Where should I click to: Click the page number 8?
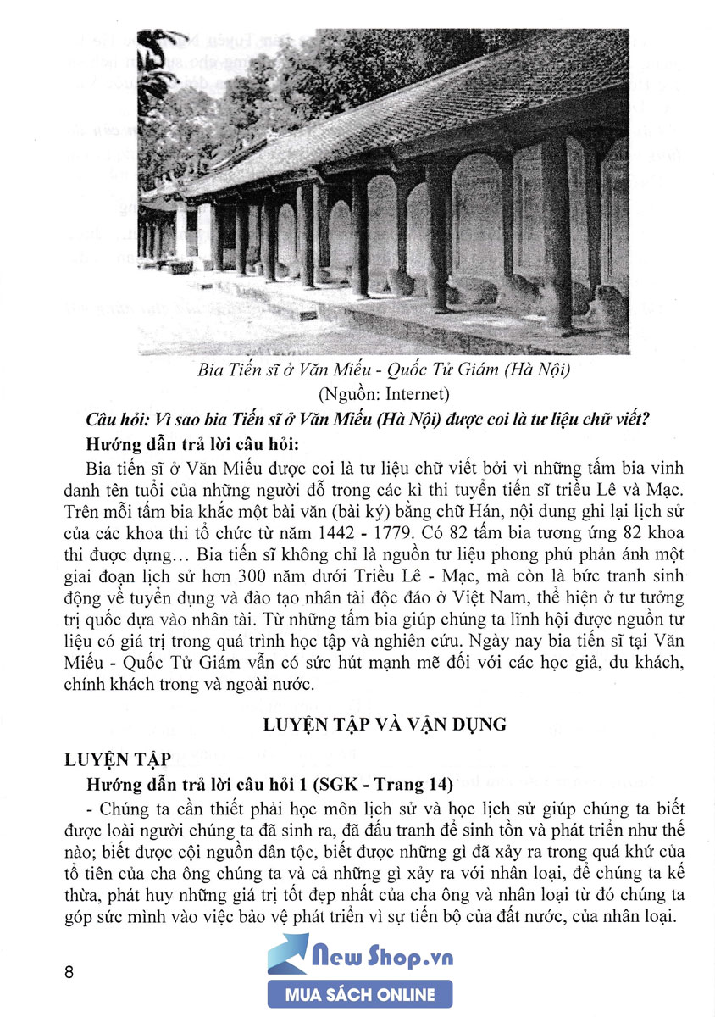tap(69, 970)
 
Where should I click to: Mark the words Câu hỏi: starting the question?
tap(116, 420)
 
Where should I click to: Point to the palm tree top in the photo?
tap(161, 59)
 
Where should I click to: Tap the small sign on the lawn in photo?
tap(308, 316)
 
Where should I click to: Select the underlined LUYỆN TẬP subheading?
tap(116, 756)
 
